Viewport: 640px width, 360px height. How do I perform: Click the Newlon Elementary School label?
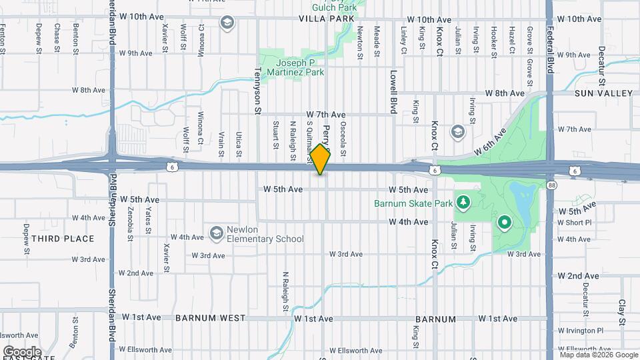(x=265, y=234)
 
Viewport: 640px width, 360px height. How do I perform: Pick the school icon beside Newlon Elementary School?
(x=216, y=233)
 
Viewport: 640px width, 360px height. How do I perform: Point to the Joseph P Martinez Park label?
(x=295, y=67)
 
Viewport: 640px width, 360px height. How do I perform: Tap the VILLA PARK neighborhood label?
(x=325, y=19)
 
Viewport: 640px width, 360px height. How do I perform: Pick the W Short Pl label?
(x=575, y=223)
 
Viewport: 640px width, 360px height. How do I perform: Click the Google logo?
(x=21, y=351)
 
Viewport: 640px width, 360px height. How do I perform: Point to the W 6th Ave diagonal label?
(x=491, y=141)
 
